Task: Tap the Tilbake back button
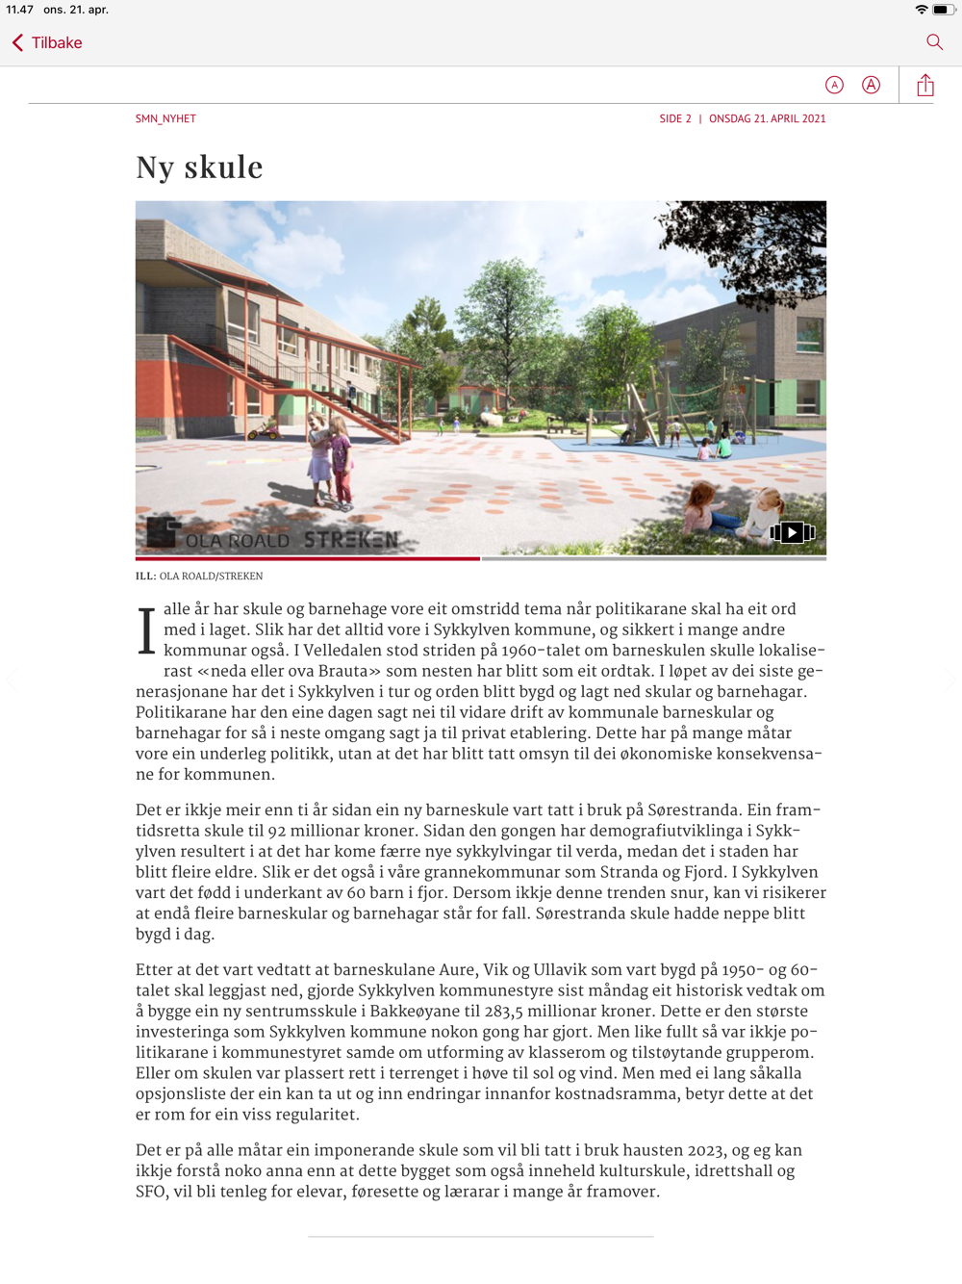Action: click(x=47, y=42)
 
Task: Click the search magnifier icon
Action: click(x=934, y=42)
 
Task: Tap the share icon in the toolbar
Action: click(x=925, y=86)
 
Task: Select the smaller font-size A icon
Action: click(x=834, y=86)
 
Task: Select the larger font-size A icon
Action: click(x=871, y=86)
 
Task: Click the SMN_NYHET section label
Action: click(x=165, y=119)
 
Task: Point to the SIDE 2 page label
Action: click(x=674, y=119)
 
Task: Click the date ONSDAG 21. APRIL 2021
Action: click(x=767, y=119)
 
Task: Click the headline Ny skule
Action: click(x=199, y=167)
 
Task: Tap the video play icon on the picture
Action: click(x=792, y=532)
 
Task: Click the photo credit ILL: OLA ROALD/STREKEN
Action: click(x=199, y=577)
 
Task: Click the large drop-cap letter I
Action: click(x=146, y=631)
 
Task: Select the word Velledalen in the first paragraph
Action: click(x=342, y=651)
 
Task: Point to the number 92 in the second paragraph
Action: click(x=276, y=831)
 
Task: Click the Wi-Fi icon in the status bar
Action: click(x=921, y=10)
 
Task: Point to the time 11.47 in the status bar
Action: click(x=19, y=10)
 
